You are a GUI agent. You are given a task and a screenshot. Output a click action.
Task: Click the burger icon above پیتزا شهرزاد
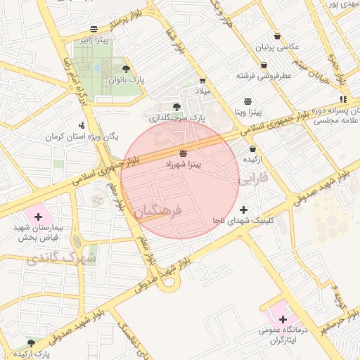click(x=184, y=153)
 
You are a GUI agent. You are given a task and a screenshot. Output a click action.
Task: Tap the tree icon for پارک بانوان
click(x=126, y=69)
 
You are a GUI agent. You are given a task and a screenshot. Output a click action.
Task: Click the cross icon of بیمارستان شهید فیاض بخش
click(x=38, y=217)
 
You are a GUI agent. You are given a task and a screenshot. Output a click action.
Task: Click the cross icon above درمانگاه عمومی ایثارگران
click(x=283, y=320)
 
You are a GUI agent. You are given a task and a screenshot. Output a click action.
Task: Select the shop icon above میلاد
click(x=202, y=82)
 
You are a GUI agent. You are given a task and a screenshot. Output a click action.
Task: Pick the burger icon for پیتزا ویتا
click(x=247, y=101)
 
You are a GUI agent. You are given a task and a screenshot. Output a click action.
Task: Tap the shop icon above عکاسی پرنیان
click(x=277, y=36)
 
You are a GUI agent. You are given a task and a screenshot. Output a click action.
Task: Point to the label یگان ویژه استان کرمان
click(x=84, y=136)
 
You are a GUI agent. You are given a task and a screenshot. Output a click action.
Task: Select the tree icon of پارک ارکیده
click(x=30, y=342)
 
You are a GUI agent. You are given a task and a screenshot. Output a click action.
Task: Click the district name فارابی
click(x=254, y=180)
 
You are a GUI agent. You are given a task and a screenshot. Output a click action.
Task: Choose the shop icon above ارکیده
click(x=253, y=149)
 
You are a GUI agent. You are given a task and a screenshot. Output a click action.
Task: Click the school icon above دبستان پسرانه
click(x=342, y=100)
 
